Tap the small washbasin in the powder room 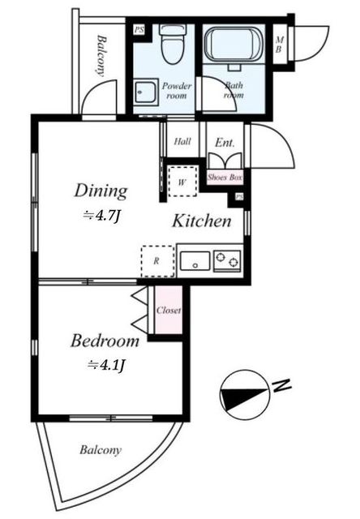pyautogui.click(x=146, y=92)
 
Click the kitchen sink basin pyautogui.click(x=195, y=261)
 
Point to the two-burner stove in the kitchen pyautogui.click(x=227, y=261)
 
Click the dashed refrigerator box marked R pyautogui.click(x=157, y=261)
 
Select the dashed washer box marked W pyautogui.click(x=182, y=182)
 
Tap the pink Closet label pyautogui.click(x=169, y=310)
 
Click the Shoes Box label pyautogui.click(x=225, y=178)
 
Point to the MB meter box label pyautogui.click(x=280, y=45)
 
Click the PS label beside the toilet pyautogui.click(x=139, y=30)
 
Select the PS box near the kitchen pyautogui.click(x=239, y=196)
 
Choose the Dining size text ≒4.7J pyautogui.click(x=101, y=217)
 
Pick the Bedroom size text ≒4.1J pyautogui.click(x=106, y=366)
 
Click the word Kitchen pyautogui.click(x=202, y=221)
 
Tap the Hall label pyautogui.click(x=182, y=142)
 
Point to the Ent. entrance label pyautogui.click(x=225, y=143)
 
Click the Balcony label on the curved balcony pyautogui.click(x=101, y=450)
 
